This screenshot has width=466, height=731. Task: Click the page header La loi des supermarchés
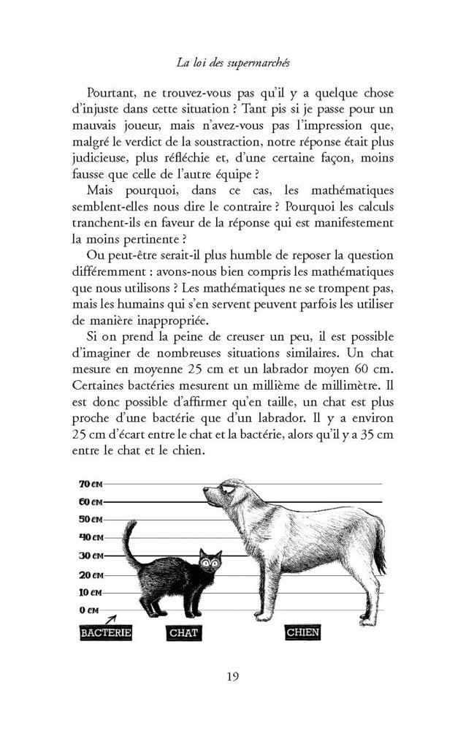233,62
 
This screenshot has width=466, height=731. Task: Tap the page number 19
232,675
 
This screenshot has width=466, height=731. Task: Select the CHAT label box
183,633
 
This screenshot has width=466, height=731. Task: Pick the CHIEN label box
302,632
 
